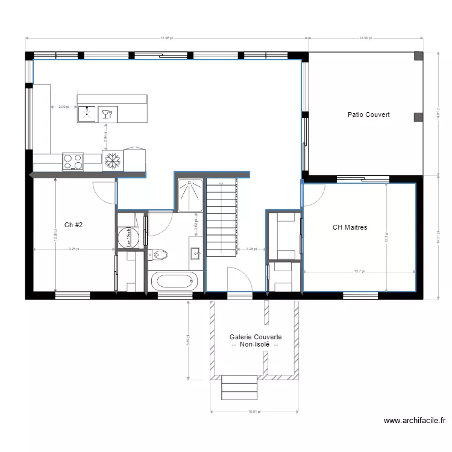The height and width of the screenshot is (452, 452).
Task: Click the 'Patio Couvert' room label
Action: (x=368, y=115)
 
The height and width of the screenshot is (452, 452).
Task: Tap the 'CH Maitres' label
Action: (x=350, y=228)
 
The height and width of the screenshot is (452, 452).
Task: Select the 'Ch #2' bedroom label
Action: (x=73, y=225)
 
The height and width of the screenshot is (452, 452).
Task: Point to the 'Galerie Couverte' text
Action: (x=256, y=337)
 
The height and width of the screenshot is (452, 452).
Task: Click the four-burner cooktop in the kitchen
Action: (x=73, y=162)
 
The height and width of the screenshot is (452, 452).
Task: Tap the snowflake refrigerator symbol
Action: (x=112, y=161)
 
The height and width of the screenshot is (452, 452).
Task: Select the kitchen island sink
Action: (x=87, y=113)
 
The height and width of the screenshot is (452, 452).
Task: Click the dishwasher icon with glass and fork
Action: (x=107, y=113)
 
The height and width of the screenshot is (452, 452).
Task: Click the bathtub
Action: (x=174, y=281)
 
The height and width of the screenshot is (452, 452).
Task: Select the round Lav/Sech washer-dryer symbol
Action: (x=128, y=236)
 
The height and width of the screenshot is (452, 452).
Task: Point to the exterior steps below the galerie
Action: (x=239, y=387)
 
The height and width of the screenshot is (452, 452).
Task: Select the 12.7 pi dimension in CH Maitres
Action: (x=360, y=271)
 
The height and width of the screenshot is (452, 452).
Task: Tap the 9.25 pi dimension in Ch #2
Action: (x=74, y=248)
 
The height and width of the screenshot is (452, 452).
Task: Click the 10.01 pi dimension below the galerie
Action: (x=253, y=412)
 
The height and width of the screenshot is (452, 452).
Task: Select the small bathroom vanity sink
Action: (x=196, y=253)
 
